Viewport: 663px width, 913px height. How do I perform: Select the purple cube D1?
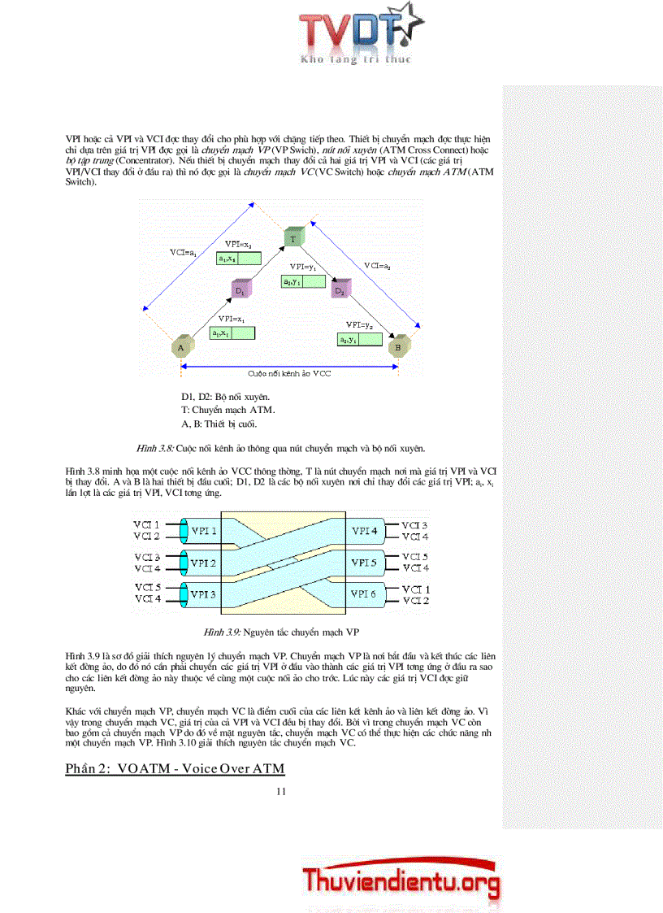pyautogui.click(x=240, y=289)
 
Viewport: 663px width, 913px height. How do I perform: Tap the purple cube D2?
pyautogui.click(x=340, y=289)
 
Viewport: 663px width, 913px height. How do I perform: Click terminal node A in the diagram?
pyautogui.click(x=180, y=347)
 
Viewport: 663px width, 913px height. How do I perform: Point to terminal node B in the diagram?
pyautogui.click(x=397, y=347)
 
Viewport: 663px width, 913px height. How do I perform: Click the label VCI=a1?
pyautogui.click(x=183, y=253)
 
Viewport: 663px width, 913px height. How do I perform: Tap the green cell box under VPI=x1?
pyautogui.click(x=232, y=333)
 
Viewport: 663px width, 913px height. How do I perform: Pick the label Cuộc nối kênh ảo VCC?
pyautogui.click(x=288, y=373)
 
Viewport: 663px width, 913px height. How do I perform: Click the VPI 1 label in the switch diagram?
pyautogui.click(x=202, y=531)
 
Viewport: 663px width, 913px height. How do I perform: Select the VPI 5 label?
pyautogui.click(x=364, y=563)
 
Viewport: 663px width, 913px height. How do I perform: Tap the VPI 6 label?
pyautogui.click(x=364, y=594)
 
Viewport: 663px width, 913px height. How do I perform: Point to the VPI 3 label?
pyautogui.click(x=202, y=594)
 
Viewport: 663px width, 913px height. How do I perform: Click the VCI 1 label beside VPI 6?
pyautogui.click(x=415, y=589)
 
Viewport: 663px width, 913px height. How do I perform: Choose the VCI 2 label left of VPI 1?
pyautogui.click(x=147, y=537)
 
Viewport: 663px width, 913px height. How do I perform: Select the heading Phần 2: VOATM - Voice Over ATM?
pyautogui.click(x=175, y=768)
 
